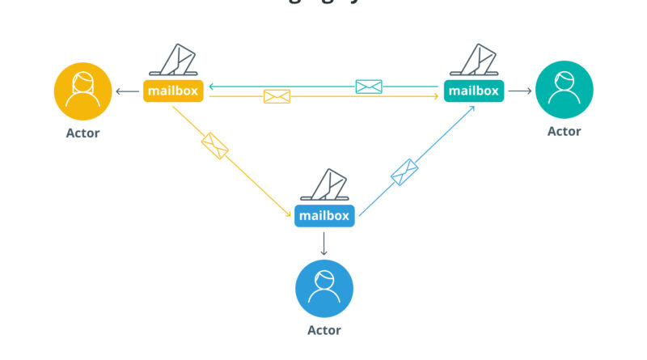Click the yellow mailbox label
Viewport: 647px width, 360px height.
pyautogui.click(x=173, y=91)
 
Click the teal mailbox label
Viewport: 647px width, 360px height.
pyautogui.click(x=473, y=91)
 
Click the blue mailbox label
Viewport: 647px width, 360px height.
pyautogui.click(x=324, y=216)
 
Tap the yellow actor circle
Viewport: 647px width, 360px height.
pyautogui.click(x=83, y=91)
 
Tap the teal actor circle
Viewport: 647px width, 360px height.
pyautogui.click(x=564, y=91)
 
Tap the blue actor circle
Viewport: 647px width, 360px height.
pyautogui.click(x=324, y=288)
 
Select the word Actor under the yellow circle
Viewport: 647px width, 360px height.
pyautogui.click(x=83, y=133)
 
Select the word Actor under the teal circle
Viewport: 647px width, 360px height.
pyautogui.click(x=564, y=131)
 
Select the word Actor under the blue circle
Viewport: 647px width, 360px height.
pyautogui.click(x=324, y=330)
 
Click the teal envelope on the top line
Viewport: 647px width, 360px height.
pyautogui.click(x=369, y=86)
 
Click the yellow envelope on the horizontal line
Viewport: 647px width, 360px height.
pyautogui.click(x=277, y=97)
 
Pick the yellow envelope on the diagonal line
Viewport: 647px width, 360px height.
pyautogui.click(x=215, y=146)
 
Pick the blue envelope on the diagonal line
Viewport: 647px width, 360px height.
pyautogui.click(x=404, y=172)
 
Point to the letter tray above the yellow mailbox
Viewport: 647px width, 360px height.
pyautogui.click(x=173, y=61)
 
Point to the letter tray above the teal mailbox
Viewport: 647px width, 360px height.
pyautogui.click(x=473, y=61)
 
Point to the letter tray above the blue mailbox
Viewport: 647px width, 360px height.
pyautogui.click(x=324, y=186)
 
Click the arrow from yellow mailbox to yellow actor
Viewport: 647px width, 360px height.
pyautogui.click(x=127, y=91)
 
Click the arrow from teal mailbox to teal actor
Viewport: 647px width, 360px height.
pyautogui.click(x=519, y=91)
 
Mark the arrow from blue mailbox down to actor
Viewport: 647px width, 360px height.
pyautogui.click(x=324, y=243)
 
